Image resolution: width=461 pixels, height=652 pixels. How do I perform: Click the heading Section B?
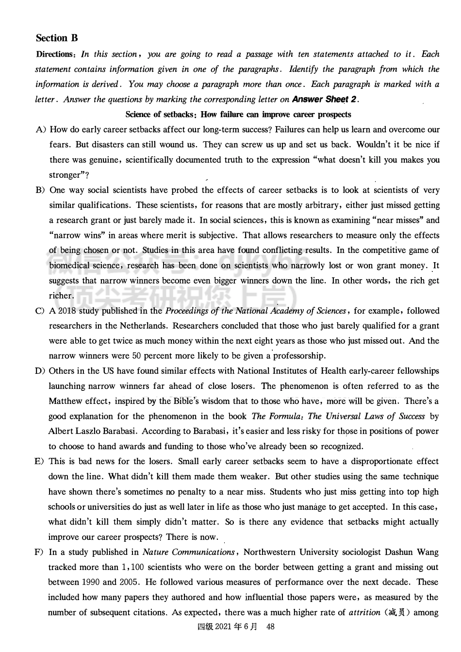(57, 38)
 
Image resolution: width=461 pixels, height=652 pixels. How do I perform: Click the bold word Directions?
(54, 54)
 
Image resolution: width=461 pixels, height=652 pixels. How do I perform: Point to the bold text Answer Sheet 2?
(325, 100)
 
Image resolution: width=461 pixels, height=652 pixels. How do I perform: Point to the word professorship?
(299, 356)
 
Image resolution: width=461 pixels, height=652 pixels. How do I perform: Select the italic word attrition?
(364, 613)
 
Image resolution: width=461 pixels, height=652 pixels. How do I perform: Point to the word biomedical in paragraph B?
(69, 266)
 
